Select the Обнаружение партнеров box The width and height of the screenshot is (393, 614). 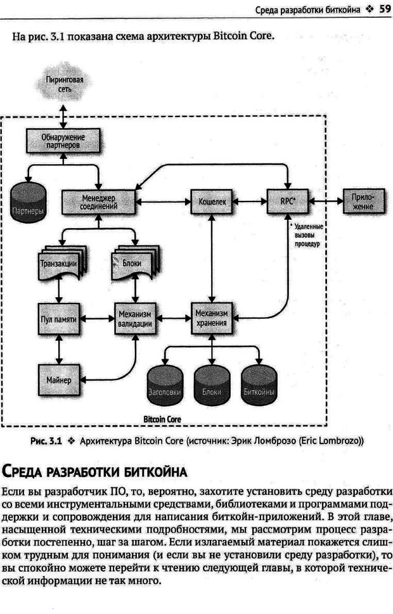63,140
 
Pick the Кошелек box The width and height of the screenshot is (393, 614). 210,201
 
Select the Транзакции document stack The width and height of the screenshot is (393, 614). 59,262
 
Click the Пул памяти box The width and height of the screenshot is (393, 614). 58,320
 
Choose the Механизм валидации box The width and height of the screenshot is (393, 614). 134,319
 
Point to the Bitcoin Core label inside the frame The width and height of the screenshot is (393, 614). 163,419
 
